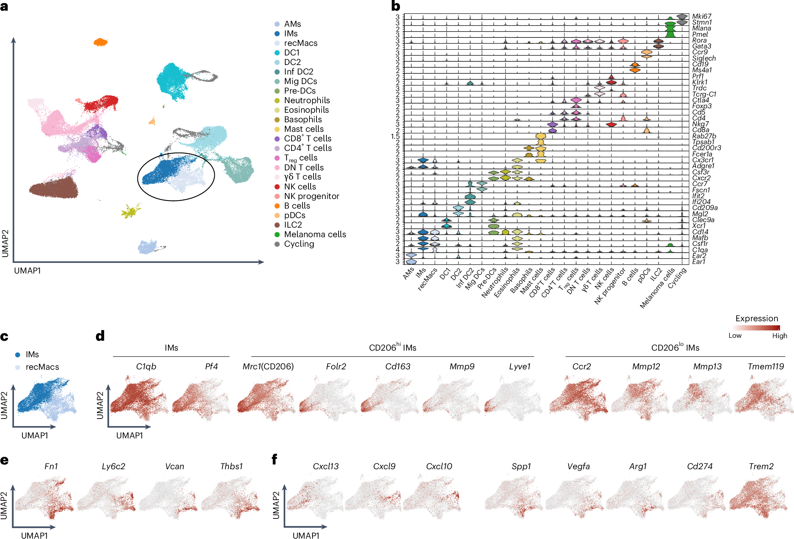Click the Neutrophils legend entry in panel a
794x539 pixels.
tap(307, 100)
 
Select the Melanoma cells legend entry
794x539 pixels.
tap(315, 234)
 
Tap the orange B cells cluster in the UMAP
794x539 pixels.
tap(100, 42)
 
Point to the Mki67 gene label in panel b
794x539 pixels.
tap(701, 16)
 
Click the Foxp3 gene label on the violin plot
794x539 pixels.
tap(701, 106)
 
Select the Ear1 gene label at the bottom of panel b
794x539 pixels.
tap(698, 262)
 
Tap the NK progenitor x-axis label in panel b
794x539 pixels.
tap(610, 286)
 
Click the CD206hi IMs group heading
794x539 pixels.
tap(392, 347)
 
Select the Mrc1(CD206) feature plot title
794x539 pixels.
tap(268, 366)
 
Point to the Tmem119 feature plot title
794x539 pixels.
tap(766, 366)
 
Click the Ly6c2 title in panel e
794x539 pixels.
tap(113, 466)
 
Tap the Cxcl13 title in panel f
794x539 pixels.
tap(325, 466)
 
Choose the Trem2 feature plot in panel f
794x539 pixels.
tap(758, 496)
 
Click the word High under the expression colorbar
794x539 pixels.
tap(779, 336)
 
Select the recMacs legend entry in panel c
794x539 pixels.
tap(42, 367)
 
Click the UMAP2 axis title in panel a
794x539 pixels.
tap(5, 243)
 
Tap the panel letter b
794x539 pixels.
tap(396, 6)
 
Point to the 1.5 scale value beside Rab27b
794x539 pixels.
tap(395, 136)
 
